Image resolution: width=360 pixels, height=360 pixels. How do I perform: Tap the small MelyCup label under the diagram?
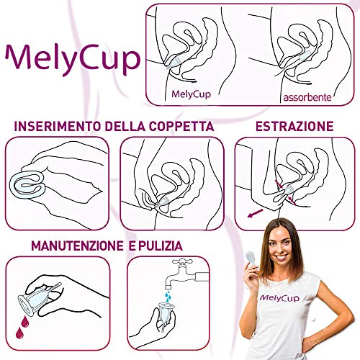tap(191, 94)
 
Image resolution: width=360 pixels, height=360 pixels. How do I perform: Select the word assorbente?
tap(307, 97)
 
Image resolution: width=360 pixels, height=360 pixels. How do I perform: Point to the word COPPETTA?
tap(181, 126)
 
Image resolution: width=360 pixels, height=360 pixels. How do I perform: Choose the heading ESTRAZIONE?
tap(294, 126)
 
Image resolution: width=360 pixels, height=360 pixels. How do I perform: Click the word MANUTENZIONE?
tap(77, 246)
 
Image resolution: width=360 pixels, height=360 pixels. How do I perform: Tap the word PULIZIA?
tap(161, 246)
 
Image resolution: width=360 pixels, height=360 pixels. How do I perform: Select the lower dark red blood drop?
tap(19, 332)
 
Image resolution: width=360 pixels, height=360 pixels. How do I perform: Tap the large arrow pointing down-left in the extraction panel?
tap(255, 213)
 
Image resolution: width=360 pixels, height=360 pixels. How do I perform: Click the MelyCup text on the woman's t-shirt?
tap(280, 298)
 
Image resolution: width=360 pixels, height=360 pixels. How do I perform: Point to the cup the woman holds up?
tap(251, 258)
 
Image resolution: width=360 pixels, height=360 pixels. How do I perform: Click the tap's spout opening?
tap(168, 287)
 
